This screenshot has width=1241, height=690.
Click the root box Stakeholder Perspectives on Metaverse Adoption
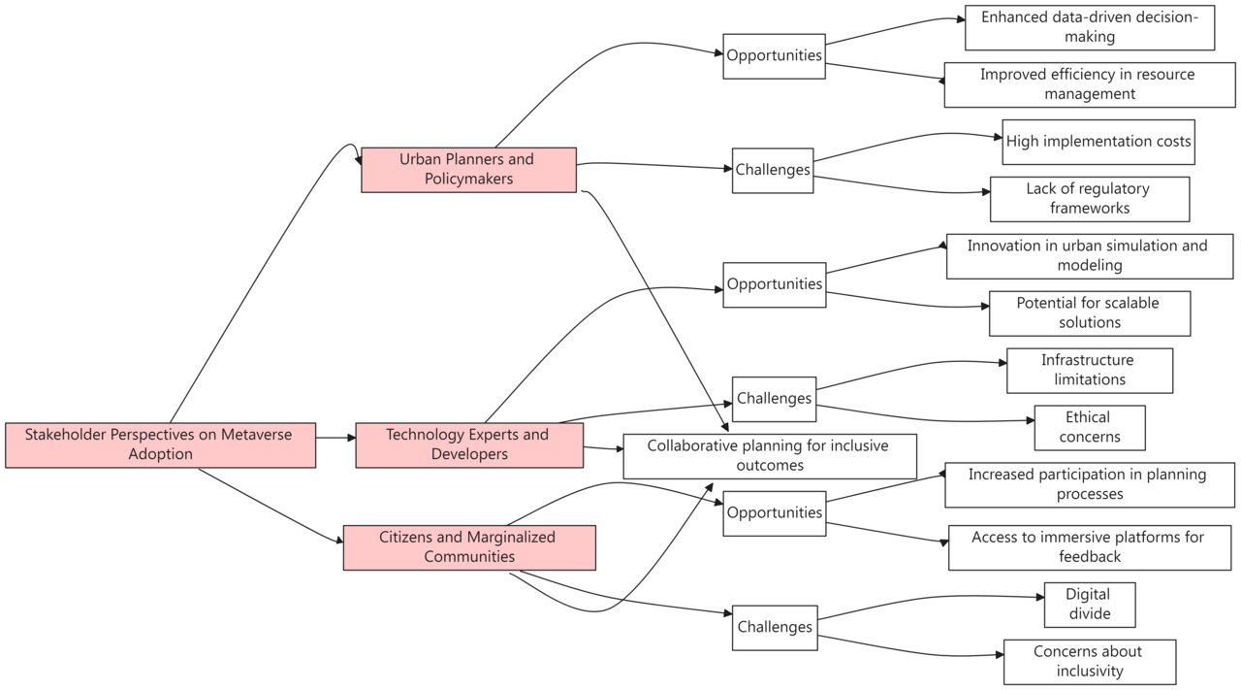[x=160, y=444]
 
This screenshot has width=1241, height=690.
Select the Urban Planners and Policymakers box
[x=468, y=170]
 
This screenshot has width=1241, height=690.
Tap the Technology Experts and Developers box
[x=468, y=444]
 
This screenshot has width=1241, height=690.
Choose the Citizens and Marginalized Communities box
[x=468, y=547]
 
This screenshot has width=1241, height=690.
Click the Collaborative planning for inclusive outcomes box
[x=769, y=456]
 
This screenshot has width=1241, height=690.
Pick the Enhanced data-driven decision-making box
[x=1089, y=27]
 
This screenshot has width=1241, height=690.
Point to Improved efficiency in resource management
[x=1089, y=84]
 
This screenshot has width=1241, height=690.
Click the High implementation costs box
[x=1098, y=142]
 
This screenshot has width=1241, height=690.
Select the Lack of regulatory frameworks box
[x=1089, y=199]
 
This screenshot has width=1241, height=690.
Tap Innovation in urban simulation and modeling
[x=1089, y=256]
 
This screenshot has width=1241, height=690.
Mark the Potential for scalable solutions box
[x=1089, y=313]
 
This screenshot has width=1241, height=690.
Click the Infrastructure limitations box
[x=1089, y=371]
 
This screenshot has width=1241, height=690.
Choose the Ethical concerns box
[x=1089, y=428]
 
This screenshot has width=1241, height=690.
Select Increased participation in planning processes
[x=1089, y=484]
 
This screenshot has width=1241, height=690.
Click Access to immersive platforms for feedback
[x=1089, y=547]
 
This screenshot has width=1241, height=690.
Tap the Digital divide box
[x=1089, y=605]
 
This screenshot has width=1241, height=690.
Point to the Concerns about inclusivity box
[x=1089, y=662]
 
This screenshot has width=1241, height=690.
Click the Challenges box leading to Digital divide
[x=774, y=627]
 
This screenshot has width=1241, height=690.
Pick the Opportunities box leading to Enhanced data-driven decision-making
[x=774, y=55]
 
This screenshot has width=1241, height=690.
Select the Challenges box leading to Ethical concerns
[x=774, y=399]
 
